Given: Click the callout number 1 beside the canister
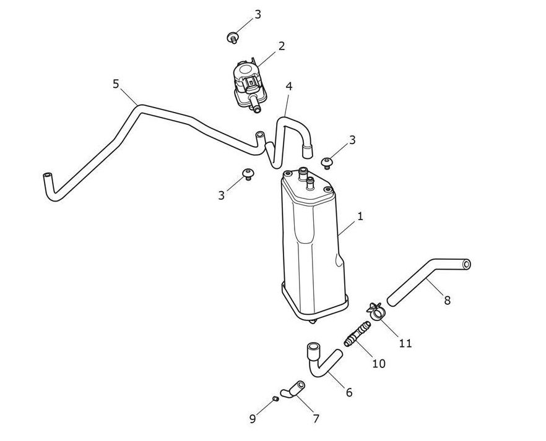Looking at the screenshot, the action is tap(360, 216).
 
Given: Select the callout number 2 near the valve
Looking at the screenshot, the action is tap(281, 46).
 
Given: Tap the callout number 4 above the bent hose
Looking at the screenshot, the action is tap(289, 86).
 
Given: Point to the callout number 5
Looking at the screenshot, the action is tap(116, 84).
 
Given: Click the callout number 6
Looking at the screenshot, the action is tap(349, 392).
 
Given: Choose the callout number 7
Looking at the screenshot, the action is tap(316, 419).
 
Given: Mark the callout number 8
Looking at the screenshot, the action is tap(448, 300).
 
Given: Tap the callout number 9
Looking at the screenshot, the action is tap(253, 419).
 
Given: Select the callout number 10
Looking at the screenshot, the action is tap(379, 364).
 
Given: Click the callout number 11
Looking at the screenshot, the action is tap(405, 344).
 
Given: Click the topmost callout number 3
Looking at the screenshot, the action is tap(258, 15).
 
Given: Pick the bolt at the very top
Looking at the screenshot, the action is tap(232, 37).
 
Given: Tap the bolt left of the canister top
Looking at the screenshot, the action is tap(248, 174).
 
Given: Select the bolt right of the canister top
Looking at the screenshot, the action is tap(327, 163).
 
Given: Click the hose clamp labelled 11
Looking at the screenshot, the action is tap(376, 310).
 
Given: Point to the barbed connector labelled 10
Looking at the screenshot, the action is tap(357, 333).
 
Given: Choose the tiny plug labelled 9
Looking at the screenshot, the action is tap(275, 398).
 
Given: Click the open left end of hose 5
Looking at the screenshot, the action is tap(46, 175).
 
